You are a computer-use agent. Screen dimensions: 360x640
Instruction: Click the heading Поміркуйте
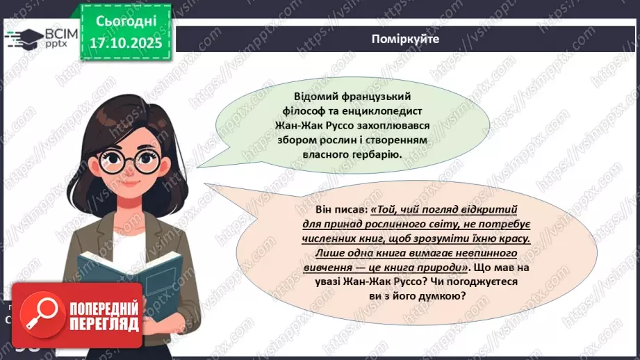[x=405, y=40]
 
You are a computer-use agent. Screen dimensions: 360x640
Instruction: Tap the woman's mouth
[x=132, y=194]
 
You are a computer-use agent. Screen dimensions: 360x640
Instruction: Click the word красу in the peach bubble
[x=514, y=238]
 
